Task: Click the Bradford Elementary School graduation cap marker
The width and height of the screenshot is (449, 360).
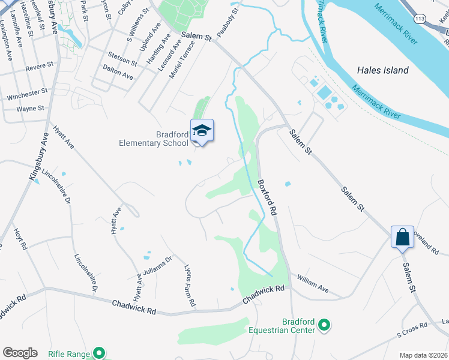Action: [x=202, y=131]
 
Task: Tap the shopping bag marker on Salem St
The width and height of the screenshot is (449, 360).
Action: [x=402, y=237]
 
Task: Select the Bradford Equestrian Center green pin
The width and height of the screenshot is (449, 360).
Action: [x=324, y=326]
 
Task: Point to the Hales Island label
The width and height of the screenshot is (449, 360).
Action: [x=382, y=70]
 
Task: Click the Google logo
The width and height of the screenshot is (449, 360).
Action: [x=20, y=353]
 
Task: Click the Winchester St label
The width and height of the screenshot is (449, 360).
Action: [x=27, y=94]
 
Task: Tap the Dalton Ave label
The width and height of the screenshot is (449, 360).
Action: [x=118, y=73]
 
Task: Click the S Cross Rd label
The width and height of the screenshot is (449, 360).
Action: [x=412, y=329]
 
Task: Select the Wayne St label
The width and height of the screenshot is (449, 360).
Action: [x=31, y=109]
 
